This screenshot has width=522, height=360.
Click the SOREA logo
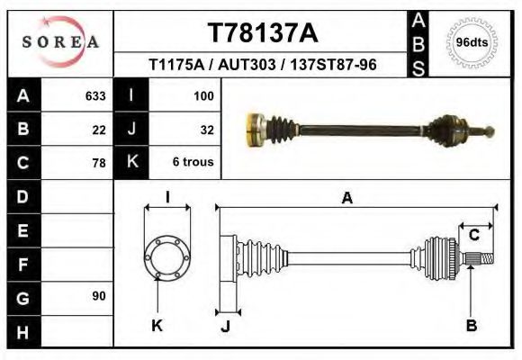coord(60,42)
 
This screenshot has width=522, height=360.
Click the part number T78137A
coord(263,33)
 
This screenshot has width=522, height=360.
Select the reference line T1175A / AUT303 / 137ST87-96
coord(263,65)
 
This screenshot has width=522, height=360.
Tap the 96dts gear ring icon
coord(470,42)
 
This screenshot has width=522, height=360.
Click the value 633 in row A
coord(95,95)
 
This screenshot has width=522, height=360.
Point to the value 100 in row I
coord(203,95)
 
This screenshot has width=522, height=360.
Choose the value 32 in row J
coord(206,130)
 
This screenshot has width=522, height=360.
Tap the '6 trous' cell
coord(193,163)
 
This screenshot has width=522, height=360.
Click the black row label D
coord(23,196)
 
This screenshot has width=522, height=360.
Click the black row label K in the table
coord(132,163)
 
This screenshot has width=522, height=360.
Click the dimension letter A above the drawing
coord(346,199)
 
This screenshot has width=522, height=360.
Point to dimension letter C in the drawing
coord(473,236)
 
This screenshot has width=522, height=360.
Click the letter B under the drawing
coord(471,326)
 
